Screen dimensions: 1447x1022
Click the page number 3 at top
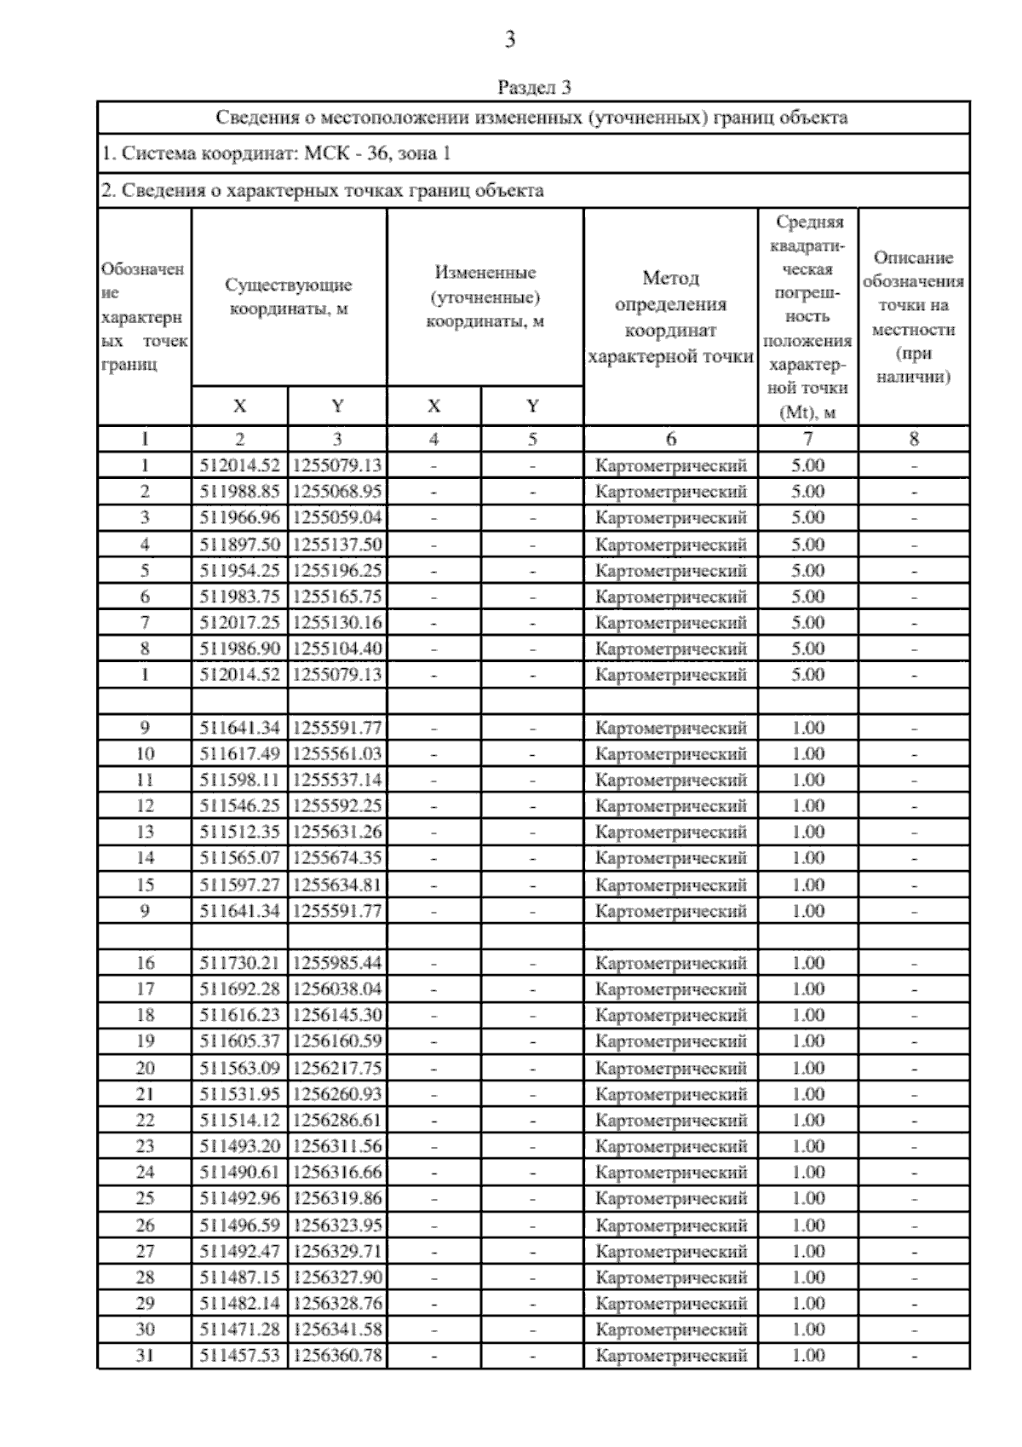point(509,39)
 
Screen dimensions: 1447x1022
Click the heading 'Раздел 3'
point(533,87)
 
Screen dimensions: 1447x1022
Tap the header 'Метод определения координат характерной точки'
point(670,317)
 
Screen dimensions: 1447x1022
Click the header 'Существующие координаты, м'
point(289,297)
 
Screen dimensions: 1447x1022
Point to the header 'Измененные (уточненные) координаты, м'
point(485,297)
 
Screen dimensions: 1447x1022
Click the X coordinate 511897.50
point(239,545)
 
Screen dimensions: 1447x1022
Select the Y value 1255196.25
point(337,571)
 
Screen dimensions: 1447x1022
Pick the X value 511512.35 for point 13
point(239,832)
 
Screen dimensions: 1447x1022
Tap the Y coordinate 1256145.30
point(337,1015)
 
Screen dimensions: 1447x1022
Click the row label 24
point(145,1173)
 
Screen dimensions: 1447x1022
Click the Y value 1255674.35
point(337,858)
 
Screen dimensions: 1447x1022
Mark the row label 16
point(145,963)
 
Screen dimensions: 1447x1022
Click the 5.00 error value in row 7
point(807,623)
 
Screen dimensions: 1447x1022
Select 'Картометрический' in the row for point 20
point(670,1068)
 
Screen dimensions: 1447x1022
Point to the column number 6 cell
point(670,439)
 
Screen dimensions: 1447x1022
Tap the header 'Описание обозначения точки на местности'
point(914,317)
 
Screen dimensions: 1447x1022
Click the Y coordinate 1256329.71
point(337,1251)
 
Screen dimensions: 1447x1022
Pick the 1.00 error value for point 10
point(807,754)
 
